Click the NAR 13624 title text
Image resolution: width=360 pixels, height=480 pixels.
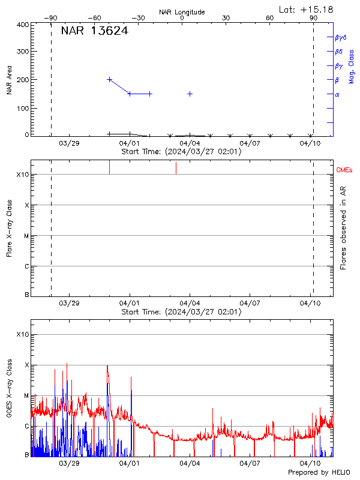[x=94, y=31]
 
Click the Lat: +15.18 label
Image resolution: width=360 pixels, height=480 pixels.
[x=307, y=9]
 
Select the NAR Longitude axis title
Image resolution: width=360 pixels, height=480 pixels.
[x=182, y=12]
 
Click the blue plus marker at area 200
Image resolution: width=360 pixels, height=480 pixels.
[x=109, y=79]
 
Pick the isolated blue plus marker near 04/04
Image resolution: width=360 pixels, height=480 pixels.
[x=190, y=94]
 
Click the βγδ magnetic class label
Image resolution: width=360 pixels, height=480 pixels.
[x=340, y=37]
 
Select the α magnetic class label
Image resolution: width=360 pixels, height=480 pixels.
[x=337, y=94]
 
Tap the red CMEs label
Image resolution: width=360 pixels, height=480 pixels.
[x=345, y=171]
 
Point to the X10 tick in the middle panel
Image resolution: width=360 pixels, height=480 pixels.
[x=23, y=175]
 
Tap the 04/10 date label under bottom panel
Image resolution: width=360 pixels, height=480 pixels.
[x=310, y=464]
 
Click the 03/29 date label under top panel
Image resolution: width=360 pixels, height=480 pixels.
[x=69, y=143]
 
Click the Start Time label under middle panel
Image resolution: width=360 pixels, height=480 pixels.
[x=181, y=312]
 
